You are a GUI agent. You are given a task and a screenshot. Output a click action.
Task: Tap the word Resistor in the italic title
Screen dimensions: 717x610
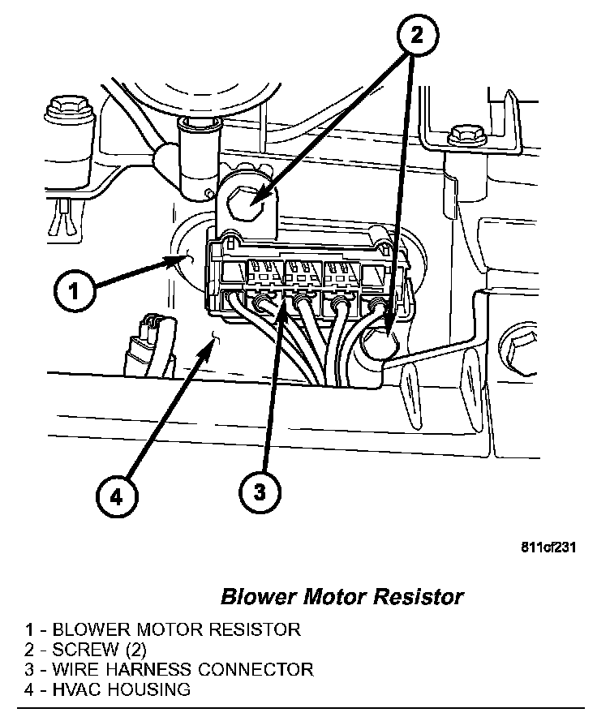(422, 597)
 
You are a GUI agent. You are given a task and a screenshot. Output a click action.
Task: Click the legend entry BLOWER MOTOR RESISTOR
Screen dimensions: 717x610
(162, 629)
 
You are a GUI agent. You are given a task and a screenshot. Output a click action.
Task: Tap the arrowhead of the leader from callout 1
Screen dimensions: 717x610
(183, 259)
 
